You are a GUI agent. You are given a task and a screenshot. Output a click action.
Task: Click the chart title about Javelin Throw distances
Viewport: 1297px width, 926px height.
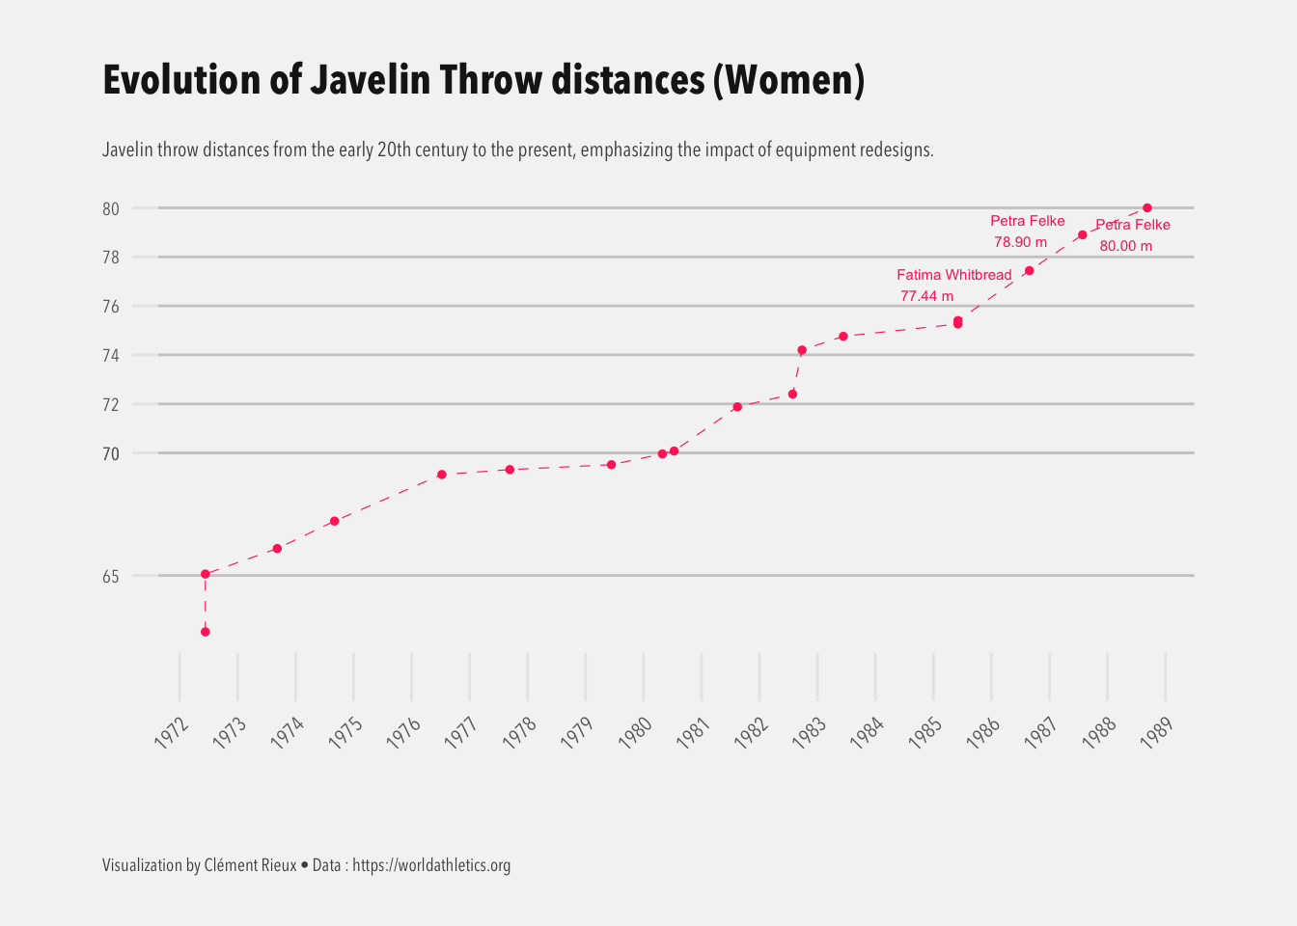(483, 80)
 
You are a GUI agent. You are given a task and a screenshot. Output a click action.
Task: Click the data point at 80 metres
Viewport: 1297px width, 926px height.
(1146, 208)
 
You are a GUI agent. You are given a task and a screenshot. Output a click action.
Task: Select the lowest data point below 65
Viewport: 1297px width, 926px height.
(206, 632)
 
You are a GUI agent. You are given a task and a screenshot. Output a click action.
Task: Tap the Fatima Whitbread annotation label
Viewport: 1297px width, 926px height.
(953, 275)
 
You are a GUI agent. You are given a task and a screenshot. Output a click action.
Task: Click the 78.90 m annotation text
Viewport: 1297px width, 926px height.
(1020, 242)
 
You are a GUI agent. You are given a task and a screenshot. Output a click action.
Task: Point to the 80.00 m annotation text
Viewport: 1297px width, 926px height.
(1125, 246)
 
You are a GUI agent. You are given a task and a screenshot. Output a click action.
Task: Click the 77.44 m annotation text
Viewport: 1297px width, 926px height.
(926, 296)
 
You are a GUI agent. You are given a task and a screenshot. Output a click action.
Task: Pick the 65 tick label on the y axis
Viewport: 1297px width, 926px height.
(111, 577)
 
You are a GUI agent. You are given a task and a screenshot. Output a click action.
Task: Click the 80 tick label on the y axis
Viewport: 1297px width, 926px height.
(111, 209)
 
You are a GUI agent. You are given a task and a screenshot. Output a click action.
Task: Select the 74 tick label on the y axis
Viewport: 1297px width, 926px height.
(111, 356)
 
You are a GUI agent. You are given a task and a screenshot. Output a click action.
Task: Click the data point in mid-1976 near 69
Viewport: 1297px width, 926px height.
(441, 475)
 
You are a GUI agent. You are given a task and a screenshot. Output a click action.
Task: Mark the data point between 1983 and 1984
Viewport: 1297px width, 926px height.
(842, 337)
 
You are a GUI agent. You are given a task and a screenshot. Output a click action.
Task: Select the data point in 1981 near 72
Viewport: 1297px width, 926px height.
(737, 407)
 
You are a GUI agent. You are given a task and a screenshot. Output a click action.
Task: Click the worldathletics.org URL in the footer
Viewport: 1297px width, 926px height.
(431, 865)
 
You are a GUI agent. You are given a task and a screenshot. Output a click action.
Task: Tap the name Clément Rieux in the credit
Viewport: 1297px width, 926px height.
(251, 865)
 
